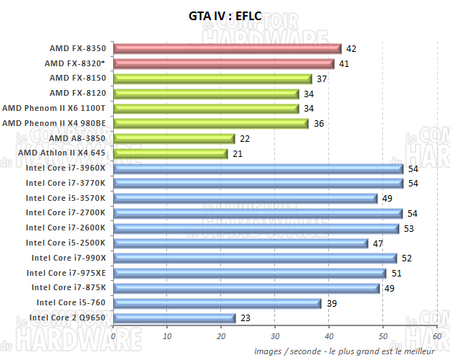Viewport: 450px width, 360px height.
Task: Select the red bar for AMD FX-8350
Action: pyautogui.click(x=227, y=48)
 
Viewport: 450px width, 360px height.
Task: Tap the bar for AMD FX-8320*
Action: pyautogui.click(x=225, y=63)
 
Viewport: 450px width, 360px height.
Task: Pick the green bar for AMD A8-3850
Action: pyautogui.click(x=174, y=138)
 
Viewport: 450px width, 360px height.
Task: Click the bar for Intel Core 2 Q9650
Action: pyautogui.click(x=174, y=318)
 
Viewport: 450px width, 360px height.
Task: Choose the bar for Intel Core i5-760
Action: pyautogui.click(x=217, y=303)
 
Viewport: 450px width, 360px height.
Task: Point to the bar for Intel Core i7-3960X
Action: pyautogui.click(x=258, y=168)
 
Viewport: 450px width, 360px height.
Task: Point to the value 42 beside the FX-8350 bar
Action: pyautogui.click(x=351, y=49)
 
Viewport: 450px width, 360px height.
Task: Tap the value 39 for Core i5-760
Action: pyautogui.click(x=333, y=303)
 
